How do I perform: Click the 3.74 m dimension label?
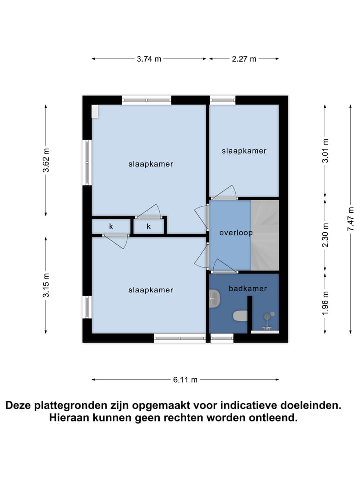149,59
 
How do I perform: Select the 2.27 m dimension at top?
244,59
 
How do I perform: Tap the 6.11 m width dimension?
185,380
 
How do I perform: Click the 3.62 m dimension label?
46,160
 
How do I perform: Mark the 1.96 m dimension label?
325,303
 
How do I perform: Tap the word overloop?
236,233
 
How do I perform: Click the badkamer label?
247,288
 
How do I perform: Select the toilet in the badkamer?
240,316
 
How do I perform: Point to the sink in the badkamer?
215,299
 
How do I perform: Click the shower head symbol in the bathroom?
270,316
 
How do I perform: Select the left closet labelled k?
111,227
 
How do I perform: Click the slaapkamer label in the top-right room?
244,151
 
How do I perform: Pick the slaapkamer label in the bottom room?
150,290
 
